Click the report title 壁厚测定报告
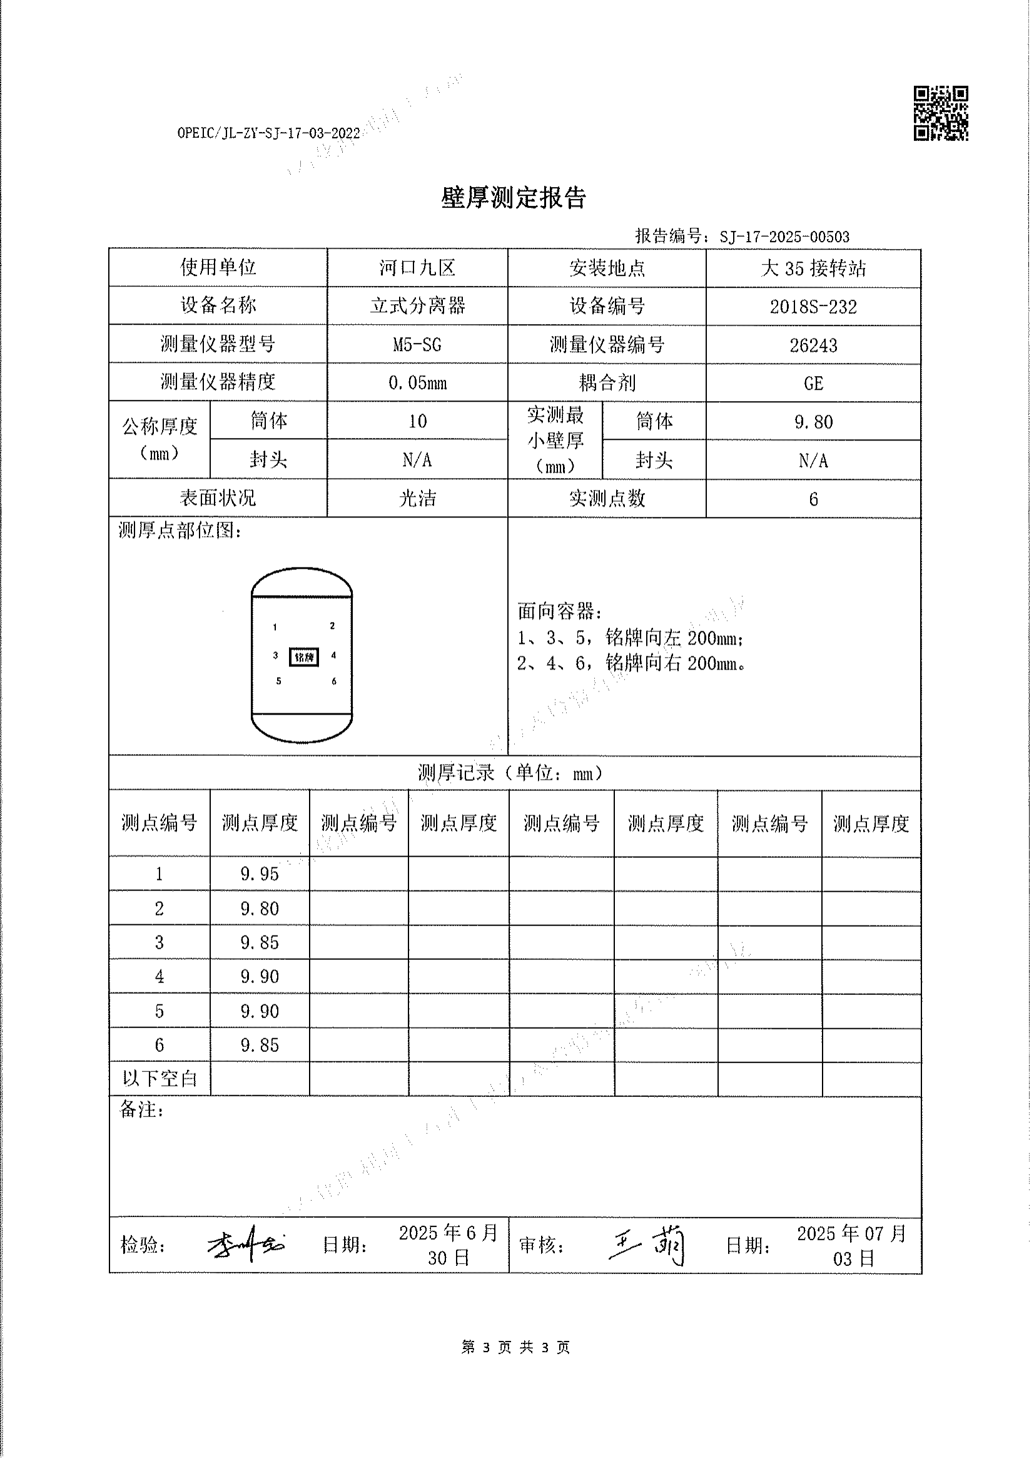(x=513, y=198)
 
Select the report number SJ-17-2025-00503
(x=784, y=237)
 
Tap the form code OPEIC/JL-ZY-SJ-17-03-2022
(x=268, y=133)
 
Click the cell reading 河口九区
(x=417, y=268)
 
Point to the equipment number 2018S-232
(x=813, y=307)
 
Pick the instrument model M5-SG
(x=417, y=345)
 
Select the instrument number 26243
(x=813, y=345)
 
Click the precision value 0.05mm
(x=417, y=383)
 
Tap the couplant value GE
(x=813, y=383)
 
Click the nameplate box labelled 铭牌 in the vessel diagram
(x=303, y=657)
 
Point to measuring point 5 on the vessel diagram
(x=278, y=681)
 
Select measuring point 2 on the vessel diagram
(x=332, y=626)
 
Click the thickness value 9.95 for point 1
(x=260, y=874)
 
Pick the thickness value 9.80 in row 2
(x=260, y=908)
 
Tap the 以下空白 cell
(x=160, y=1079)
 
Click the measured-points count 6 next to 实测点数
(x=813, y=499)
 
